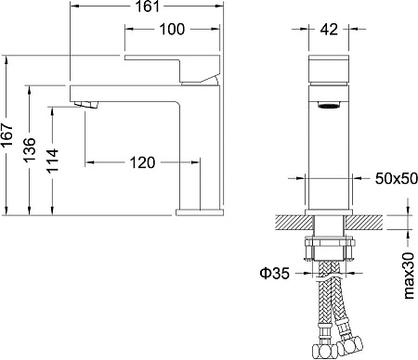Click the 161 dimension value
tap(148, 6)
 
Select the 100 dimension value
tap(172, 29)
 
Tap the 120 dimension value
tap(142, 162)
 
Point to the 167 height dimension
tap(7, 135)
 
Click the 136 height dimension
tap(30, 149)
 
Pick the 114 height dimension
tap(53, 161)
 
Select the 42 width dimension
tap(329, 29)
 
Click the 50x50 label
tap(397, 178)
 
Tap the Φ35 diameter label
tap(275, 273)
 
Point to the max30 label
tap(409, 276)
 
